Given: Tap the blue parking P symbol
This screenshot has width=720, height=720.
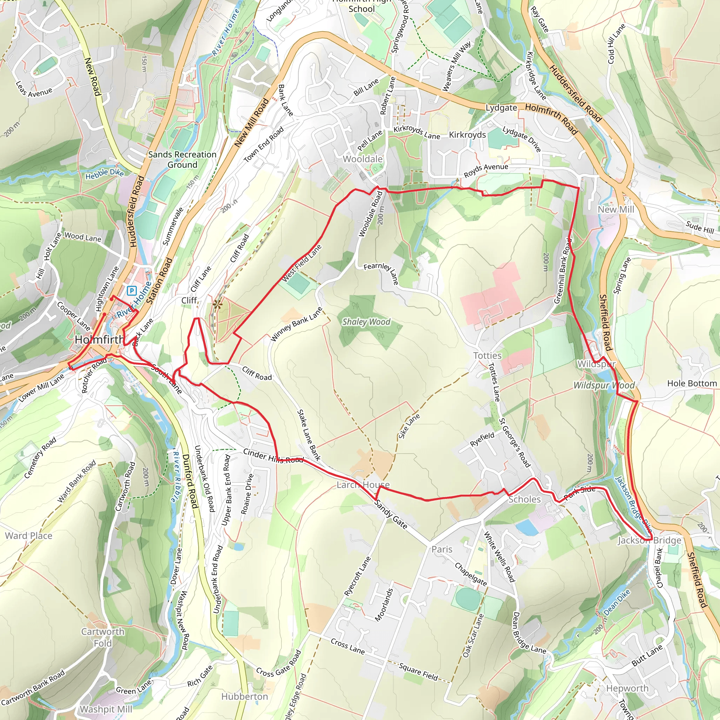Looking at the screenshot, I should click(131, 291).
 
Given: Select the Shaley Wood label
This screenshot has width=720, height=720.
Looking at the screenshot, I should click(366, 322).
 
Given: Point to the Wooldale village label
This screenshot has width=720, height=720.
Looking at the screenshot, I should click(362, 159).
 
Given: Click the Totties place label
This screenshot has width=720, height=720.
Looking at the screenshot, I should click(487, 355).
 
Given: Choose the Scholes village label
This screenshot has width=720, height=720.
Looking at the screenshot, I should click(524, 499).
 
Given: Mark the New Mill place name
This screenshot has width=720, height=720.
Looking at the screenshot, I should click(616, 210).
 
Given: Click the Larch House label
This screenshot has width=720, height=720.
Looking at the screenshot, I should click(363, 484).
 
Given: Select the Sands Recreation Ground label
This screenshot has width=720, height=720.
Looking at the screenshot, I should click(182, 160).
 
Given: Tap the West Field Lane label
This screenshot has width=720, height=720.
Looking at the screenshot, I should click(302, 263).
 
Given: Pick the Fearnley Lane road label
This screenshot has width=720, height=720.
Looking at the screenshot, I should click(381, 273).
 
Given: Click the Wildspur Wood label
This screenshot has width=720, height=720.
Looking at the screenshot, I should click(604, 385).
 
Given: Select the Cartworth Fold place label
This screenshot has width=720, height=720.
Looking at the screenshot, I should click(103, 637).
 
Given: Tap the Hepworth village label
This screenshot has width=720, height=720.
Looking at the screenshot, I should click(627, 688).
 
